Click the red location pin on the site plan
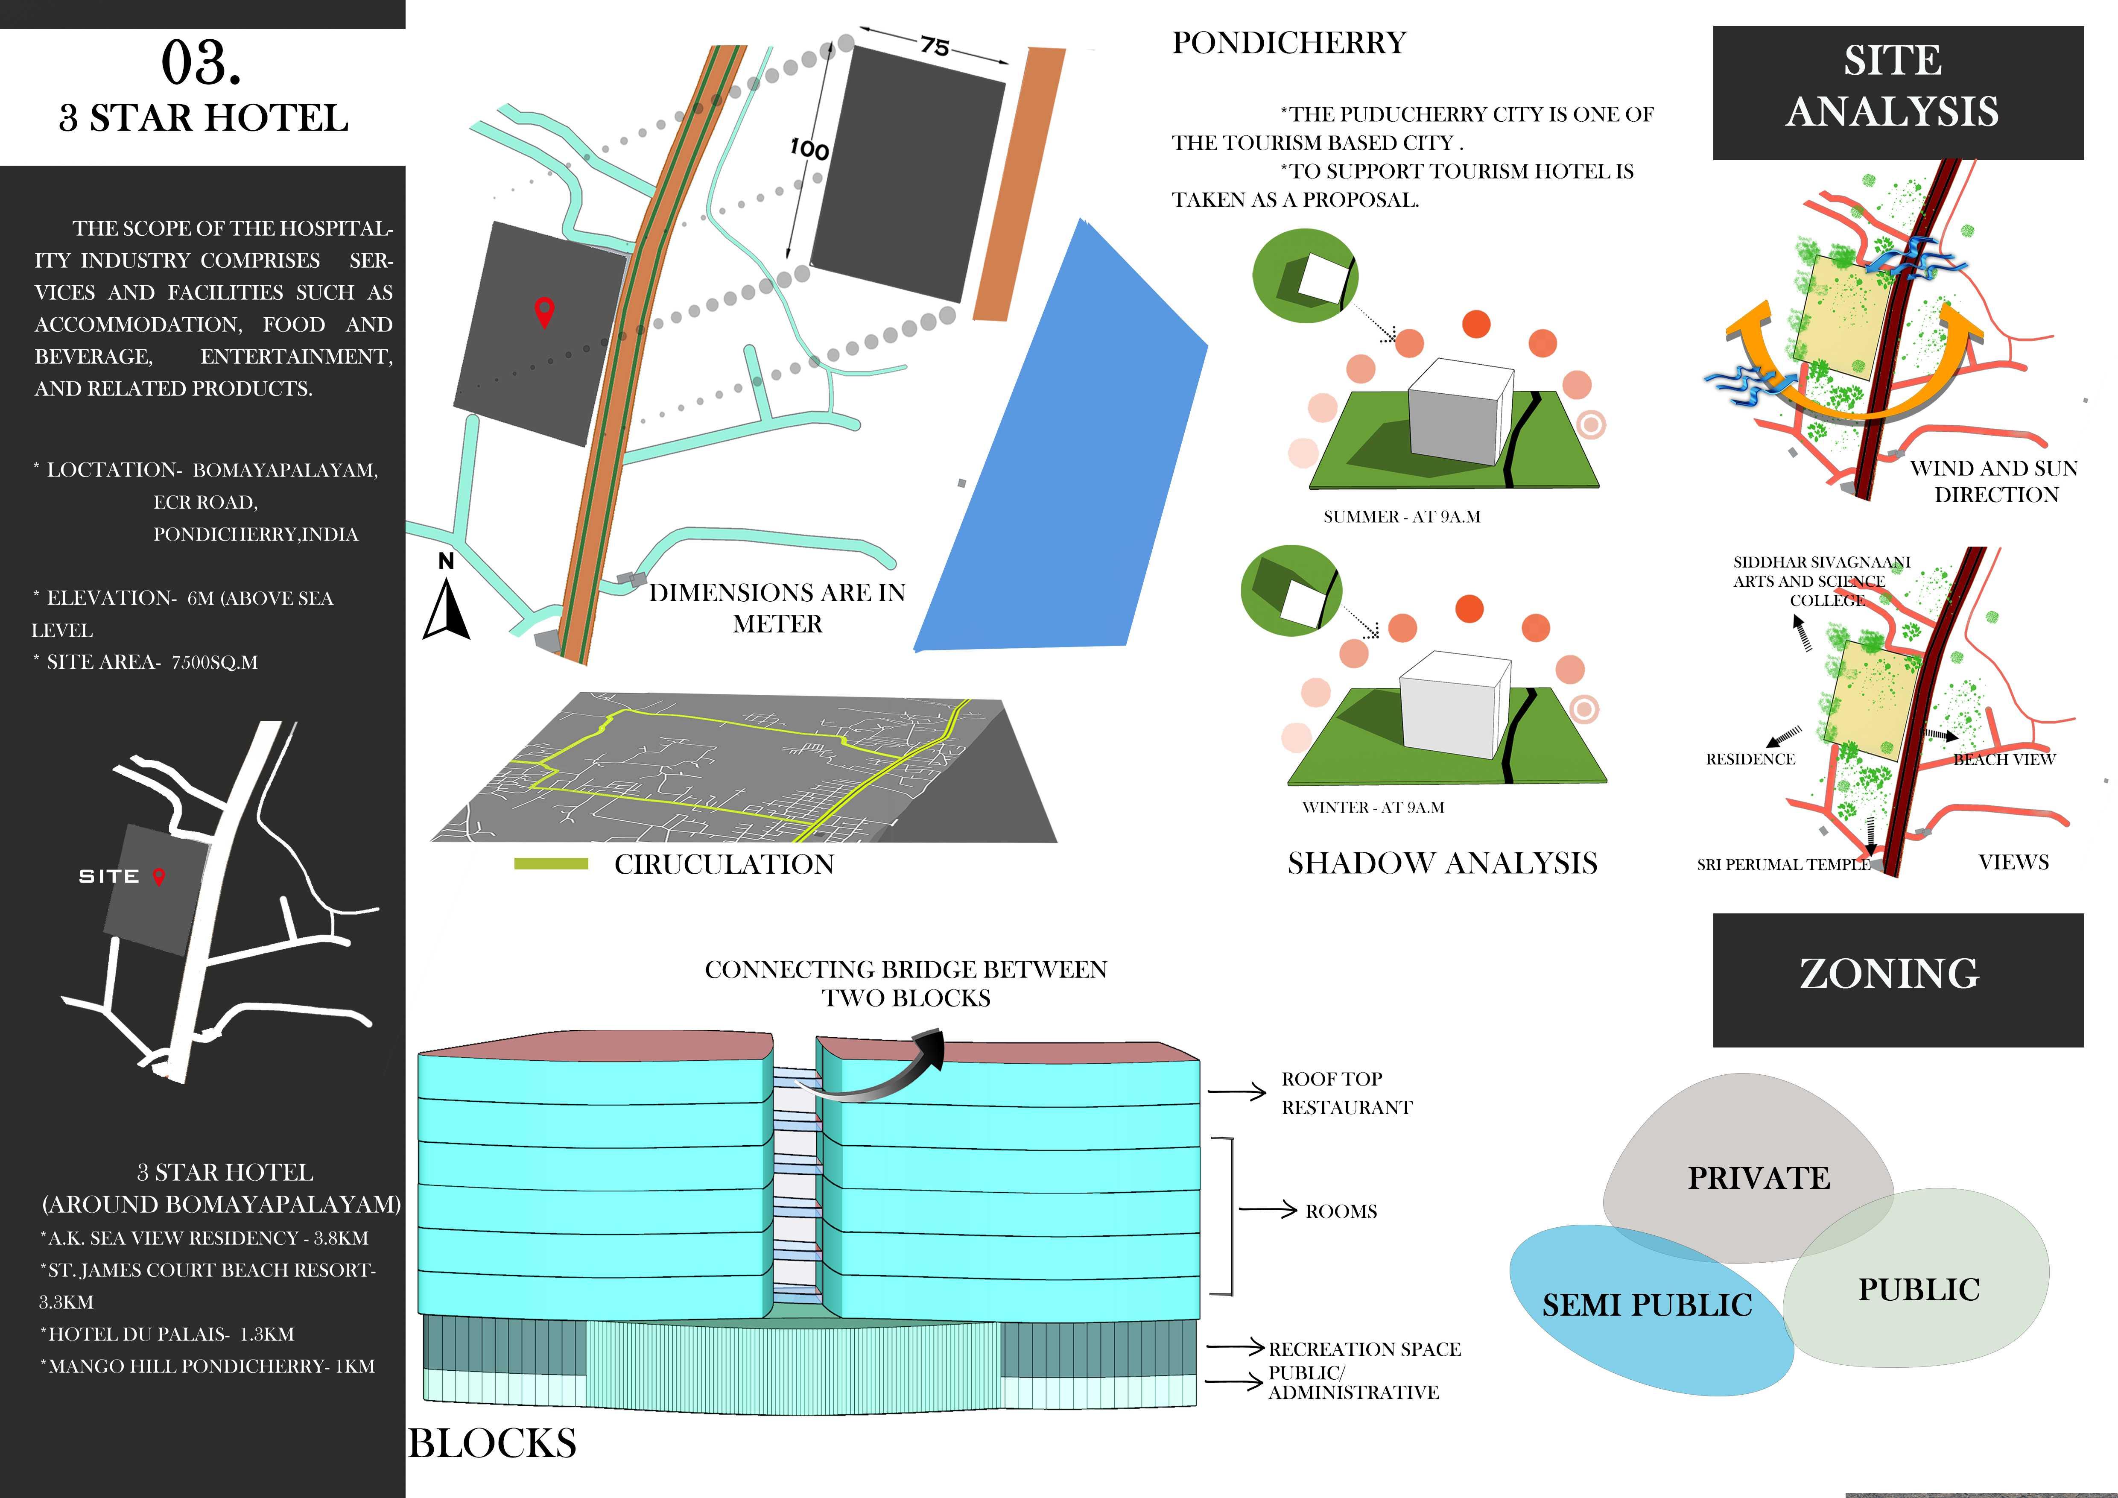(544, 312)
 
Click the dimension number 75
(935, 46)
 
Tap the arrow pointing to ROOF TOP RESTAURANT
(1236, 1092)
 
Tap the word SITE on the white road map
(109, 876)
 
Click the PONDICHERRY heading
(1289, 44)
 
